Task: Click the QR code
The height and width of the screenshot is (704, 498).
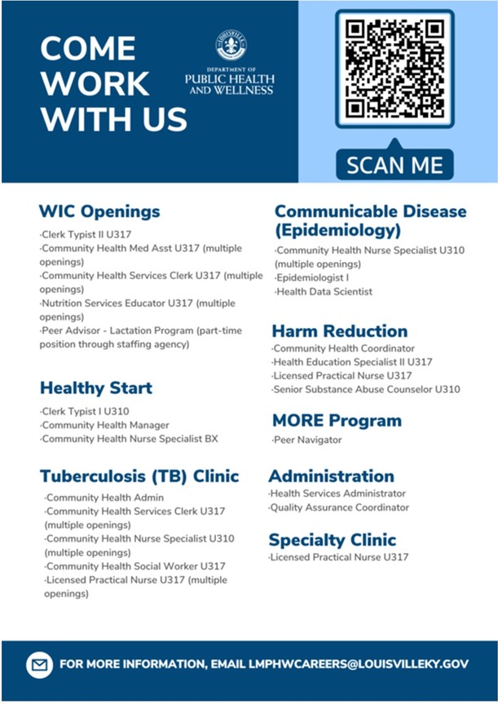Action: pos(394,69)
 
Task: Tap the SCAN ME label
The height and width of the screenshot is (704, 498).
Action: pos(394,165)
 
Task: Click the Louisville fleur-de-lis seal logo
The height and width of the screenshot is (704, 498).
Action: pos(231,46)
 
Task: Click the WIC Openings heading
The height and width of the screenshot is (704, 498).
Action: pos(99,211)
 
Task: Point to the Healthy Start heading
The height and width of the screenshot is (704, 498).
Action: pos(96,388)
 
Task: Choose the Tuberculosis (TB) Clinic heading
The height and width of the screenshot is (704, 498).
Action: pos(139,476)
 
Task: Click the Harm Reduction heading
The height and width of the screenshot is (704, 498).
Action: pos(340,331)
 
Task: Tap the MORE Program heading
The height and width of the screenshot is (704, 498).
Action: pos(337,421)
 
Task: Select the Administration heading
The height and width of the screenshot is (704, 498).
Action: pos(331,476)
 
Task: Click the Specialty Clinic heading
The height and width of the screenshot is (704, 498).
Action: pos(332,540)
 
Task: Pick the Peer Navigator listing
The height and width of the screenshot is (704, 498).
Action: pos(307,440)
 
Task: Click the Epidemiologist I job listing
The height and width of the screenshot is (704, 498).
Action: pos(312,278)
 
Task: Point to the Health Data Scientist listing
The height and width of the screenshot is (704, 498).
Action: pos(324,292)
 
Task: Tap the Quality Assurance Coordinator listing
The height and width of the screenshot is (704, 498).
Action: pos(339,507)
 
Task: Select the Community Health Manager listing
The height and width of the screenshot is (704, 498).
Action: pos(104,425)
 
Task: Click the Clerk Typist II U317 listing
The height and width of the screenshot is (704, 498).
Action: pos(86,234)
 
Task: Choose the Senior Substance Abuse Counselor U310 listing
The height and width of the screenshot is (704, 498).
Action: pos(366,389)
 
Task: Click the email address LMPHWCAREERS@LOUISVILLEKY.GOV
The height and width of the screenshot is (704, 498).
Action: pos(359,664)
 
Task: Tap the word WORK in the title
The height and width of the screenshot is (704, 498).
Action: pos(95,83)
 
